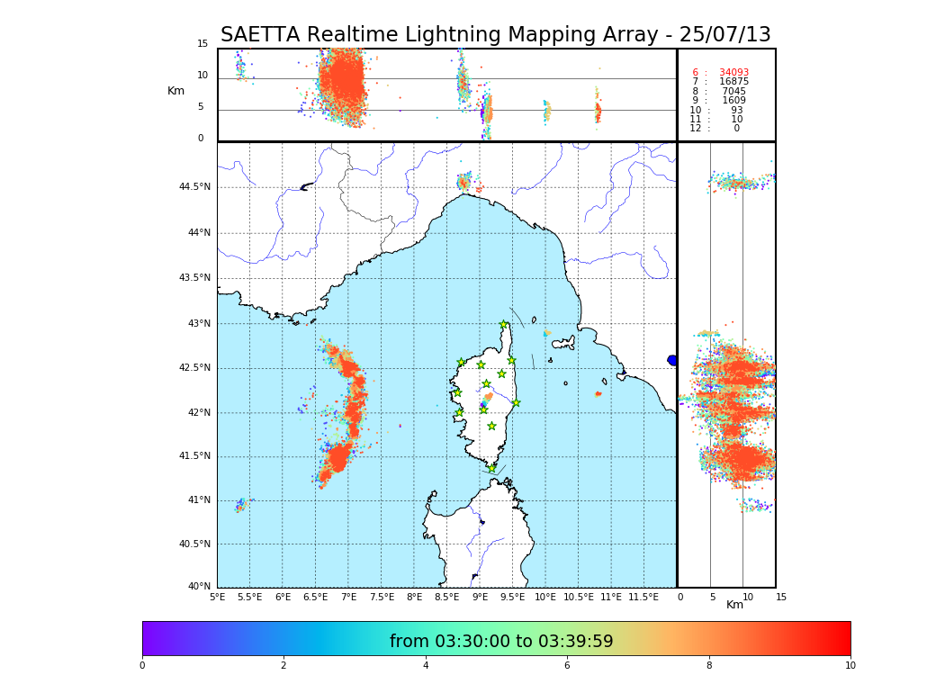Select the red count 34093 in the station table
(x=733, y=73)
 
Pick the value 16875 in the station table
(x=733, y=82)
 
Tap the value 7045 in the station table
(x=733, y=92)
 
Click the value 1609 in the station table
(x=733, y=101)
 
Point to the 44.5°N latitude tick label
(x=194, y=187)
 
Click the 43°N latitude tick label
(x=198, y=324)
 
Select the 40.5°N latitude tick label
(x=194, y=544)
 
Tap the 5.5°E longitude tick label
(x=249, y=598)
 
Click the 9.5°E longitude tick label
(x=512, y=598)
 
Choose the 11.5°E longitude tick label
(x=643, y=598)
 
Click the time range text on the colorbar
(x=500, y=642)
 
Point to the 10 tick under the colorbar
(x=850, y=666)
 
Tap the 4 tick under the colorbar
(x=426, y=666)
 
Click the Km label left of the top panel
(x=175, y=92)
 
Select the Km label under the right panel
(x=735, y=606)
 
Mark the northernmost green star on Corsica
(x=504, y=325)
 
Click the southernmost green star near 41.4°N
(x=491, y=468)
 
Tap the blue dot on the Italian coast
(x=671, y=360)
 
